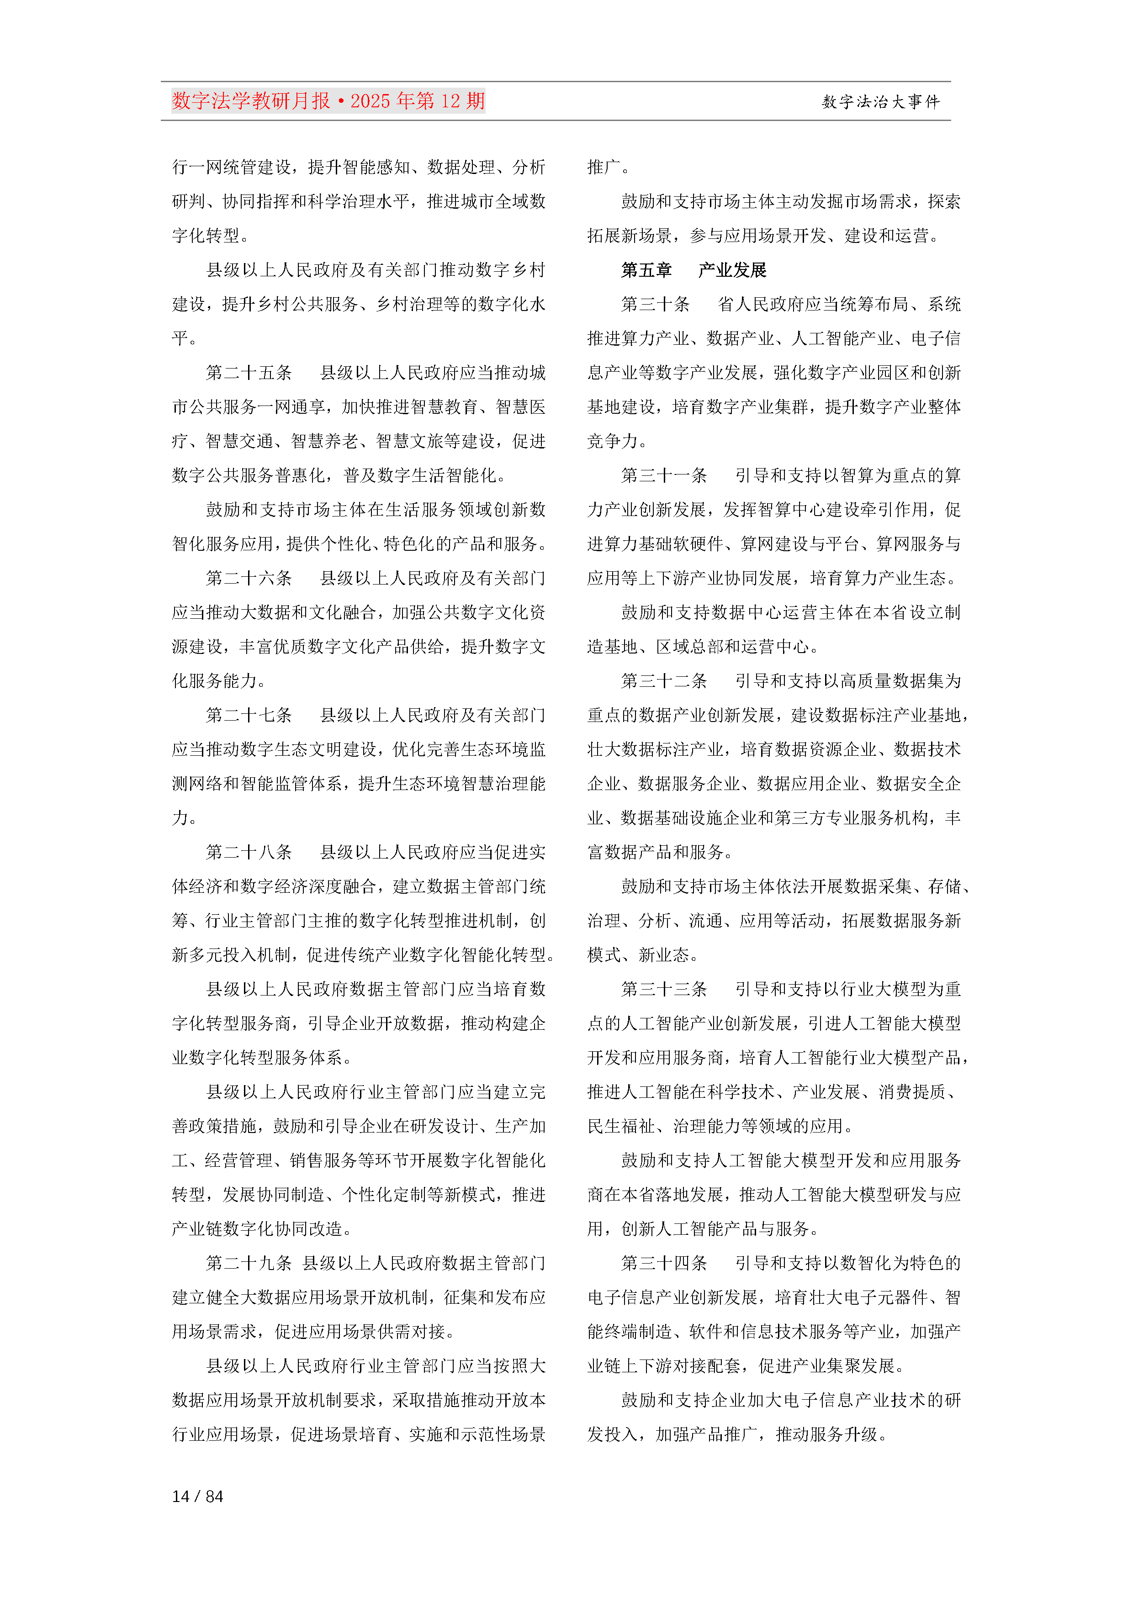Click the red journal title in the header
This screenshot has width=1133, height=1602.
click(x=328, y=101)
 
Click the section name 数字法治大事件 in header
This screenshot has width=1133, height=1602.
click(x=881, y=102)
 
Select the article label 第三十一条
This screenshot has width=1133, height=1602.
click(x=664, y=476)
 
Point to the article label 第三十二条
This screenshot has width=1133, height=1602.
click(x=664, y=681)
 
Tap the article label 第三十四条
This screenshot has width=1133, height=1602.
click(x=664, y=1263)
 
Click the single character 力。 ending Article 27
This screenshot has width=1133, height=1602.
click(x=184, y=818)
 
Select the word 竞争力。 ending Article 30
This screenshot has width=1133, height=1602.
click(x=617, y=441)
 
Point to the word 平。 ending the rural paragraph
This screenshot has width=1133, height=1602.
click(x=184, y=338)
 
